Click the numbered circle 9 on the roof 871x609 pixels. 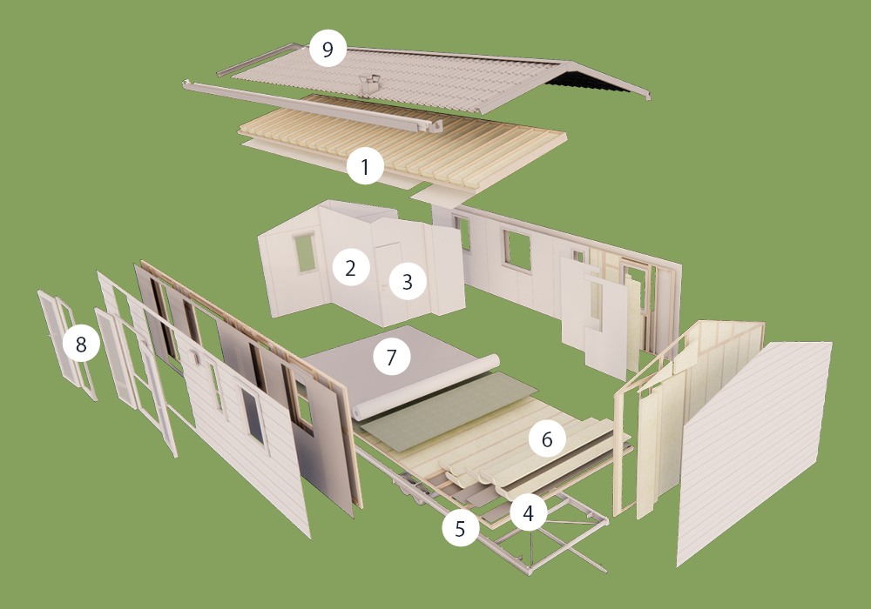coord(327,49)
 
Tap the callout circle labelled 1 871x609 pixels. coord(365,166)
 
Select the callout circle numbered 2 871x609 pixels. coord(350,267)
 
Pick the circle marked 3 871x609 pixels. coord(407,281)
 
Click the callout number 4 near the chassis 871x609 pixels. coord(529,513)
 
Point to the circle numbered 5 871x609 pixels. coord(461,528)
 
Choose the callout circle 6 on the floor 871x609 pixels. coord(547,438)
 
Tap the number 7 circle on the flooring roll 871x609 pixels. coord(392,357)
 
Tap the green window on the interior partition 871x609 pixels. coord(305,253)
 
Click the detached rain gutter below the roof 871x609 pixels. coord(312,106)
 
